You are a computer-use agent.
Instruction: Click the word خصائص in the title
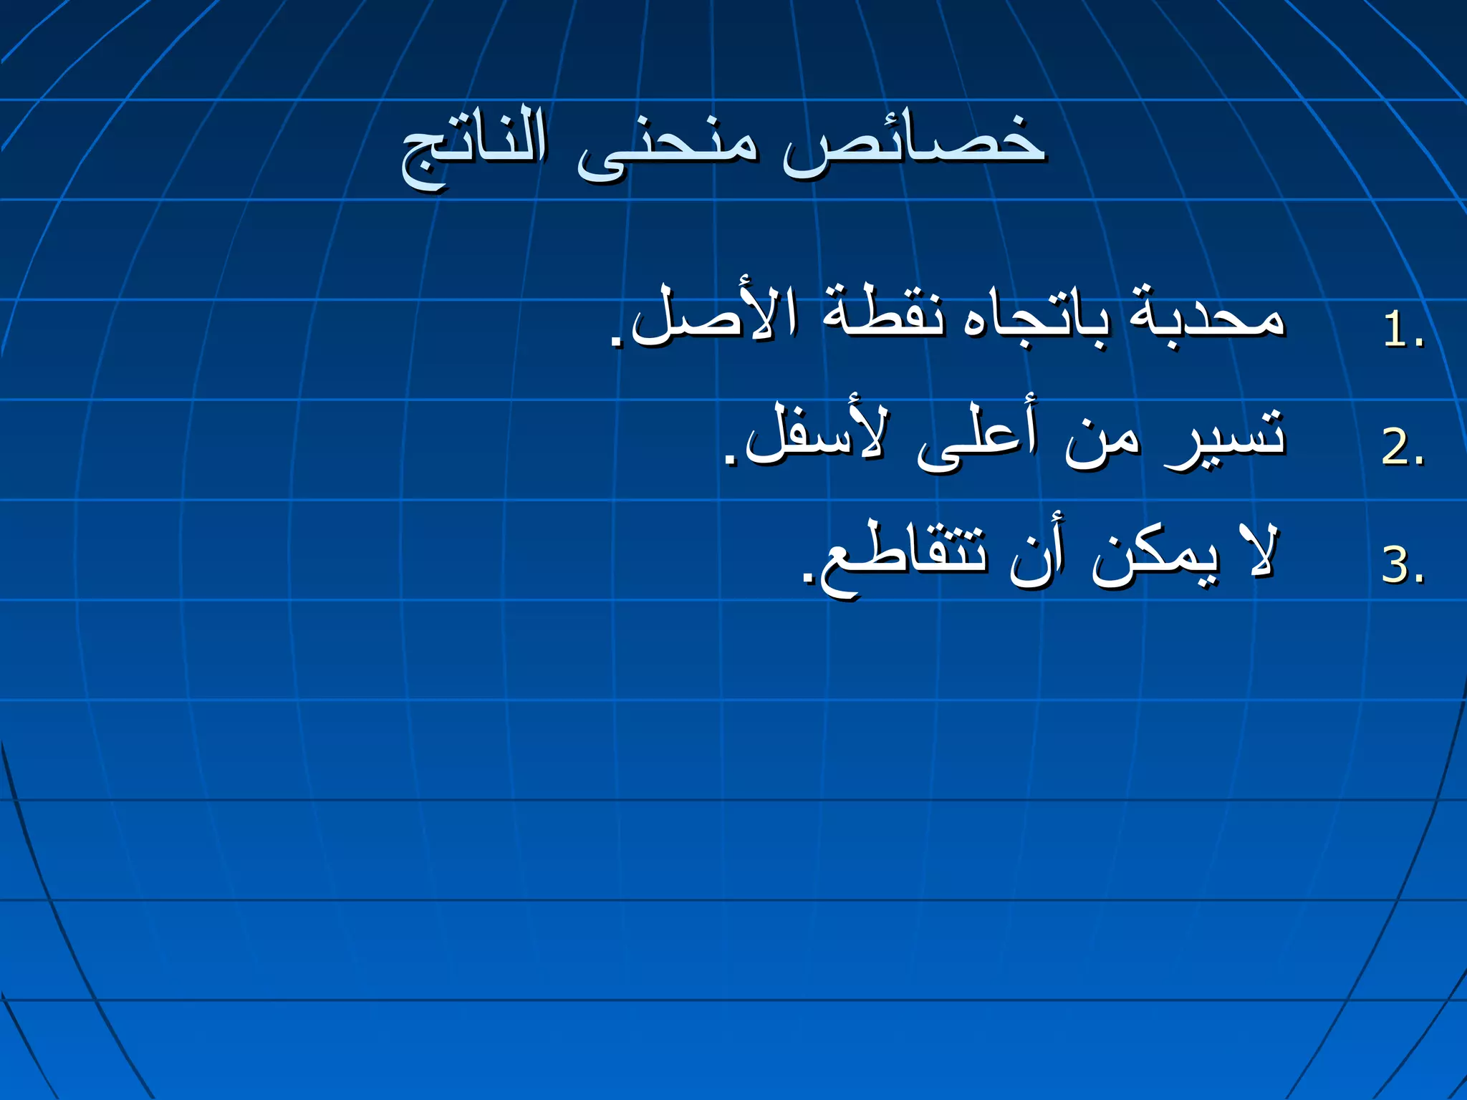pyautogui.click(x=913, y=143)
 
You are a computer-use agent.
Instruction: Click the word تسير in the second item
pyautogui.click(x=1225, y=437)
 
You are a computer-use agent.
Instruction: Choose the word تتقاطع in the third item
pyautogui.click(x=903, y=559)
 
